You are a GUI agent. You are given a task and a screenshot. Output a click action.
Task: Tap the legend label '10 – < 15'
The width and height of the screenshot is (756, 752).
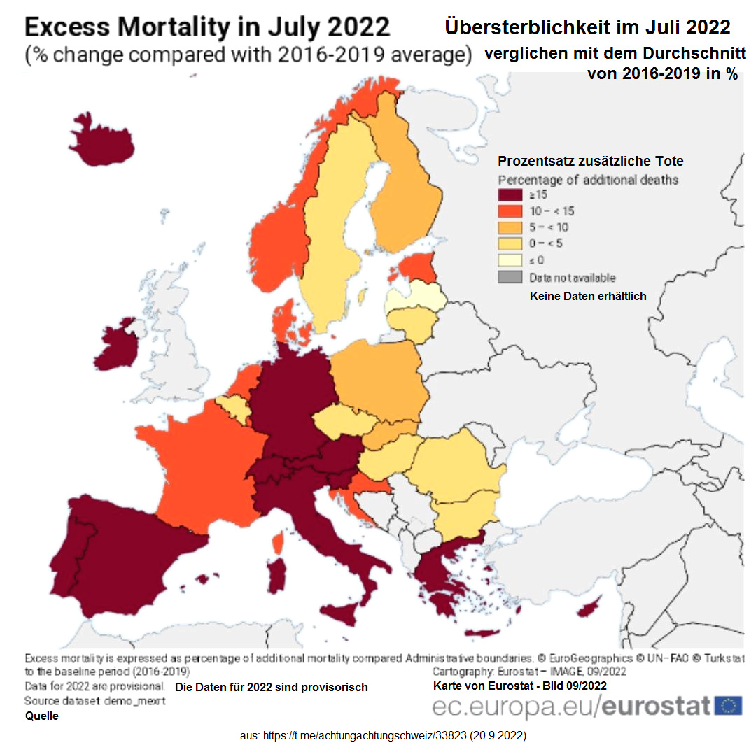tap(552, 211)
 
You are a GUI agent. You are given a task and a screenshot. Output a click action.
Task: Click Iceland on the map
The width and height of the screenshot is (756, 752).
tap(101, 143)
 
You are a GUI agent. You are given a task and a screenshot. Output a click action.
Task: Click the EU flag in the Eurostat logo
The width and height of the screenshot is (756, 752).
tap(729, 705)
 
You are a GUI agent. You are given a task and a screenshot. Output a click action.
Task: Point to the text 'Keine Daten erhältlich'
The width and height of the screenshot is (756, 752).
tap(587, 296)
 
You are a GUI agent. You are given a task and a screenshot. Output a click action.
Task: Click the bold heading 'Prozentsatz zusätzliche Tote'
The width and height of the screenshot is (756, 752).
tap(591, 162)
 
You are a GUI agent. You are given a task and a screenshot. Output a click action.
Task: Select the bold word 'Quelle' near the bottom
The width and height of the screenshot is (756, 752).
tap(42, 716)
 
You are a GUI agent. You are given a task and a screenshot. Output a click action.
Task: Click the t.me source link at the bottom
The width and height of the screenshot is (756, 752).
tap(383, 737)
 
